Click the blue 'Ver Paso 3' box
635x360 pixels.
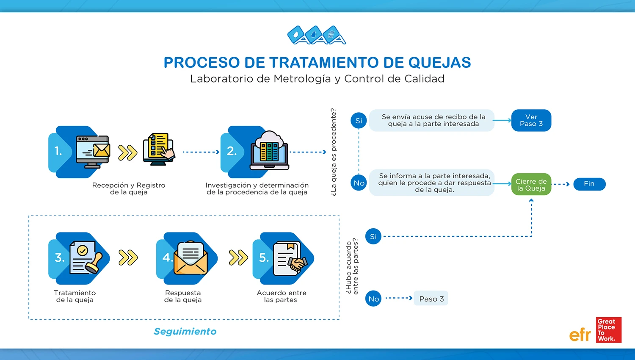pos(531,120)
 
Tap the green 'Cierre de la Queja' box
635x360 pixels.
pos(531,184)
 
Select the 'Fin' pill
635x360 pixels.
pos(589,184)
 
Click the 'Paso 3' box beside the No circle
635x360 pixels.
pos(431,299)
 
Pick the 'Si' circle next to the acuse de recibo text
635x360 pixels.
pos(359,121)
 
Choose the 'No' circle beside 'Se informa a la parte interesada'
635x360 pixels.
pos(359,183)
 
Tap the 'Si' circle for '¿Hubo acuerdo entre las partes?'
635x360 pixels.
pos(373,236)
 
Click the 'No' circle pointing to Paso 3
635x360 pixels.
pos(373,299)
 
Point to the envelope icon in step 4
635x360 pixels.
pos(190,258)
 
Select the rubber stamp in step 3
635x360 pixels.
pos(95,263)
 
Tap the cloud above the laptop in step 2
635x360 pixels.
pos(269,138)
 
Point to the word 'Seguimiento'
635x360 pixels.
pos(185,331)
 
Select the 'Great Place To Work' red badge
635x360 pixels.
pos(608,330)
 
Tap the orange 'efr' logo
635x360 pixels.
pos(580,335)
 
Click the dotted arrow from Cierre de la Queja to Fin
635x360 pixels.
pos(562,184)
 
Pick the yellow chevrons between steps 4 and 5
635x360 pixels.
pos(238,258)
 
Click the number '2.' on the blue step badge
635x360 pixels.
pos(232,151)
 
